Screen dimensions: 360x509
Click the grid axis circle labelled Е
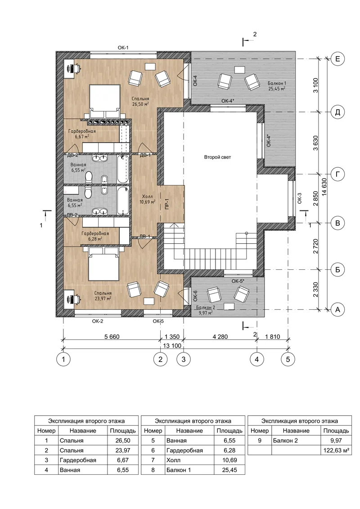point(337,59)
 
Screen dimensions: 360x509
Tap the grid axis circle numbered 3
point(184,359)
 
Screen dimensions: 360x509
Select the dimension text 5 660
point(112,337)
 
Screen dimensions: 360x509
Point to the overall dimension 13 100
point(172,346)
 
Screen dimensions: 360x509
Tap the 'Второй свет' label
point(217,157)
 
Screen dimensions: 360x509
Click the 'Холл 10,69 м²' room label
point(147,199)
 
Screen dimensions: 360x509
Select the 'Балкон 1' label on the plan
point(277,84)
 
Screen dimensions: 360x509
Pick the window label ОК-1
point(123,48)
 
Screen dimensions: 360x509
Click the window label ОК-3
point(300,198)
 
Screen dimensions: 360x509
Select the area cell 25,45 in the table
point(230,470)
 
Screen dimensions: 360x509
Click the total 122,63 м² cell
point(336,450)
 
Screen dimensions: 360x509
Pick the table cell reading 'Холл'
point(173,460)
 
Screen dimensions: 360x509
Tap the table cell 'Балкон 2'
point(285,441)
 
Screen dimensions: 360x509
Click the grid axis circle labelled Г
point(337,174)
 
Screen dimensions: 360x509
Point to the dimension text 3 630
point(316,143)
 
